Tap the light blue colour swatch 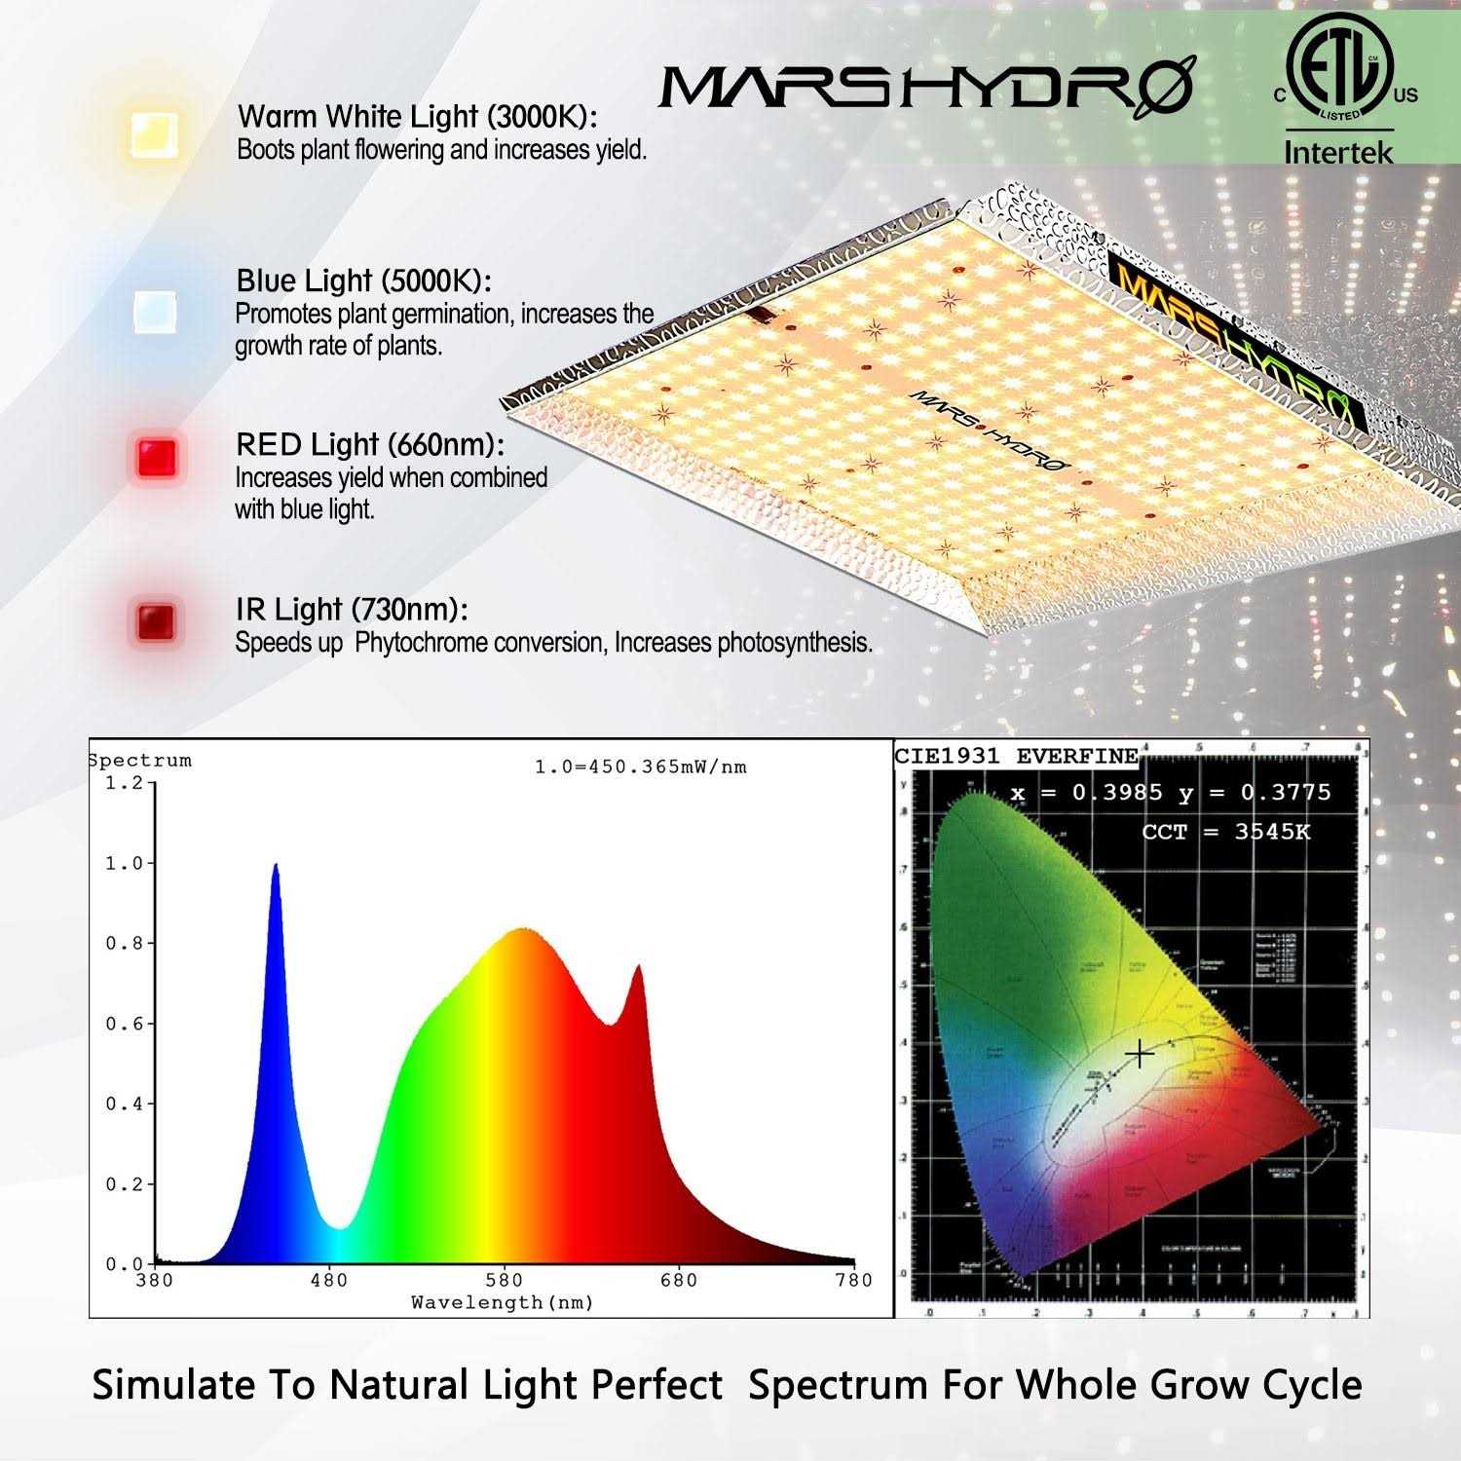156,312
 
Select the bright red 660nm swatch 157,457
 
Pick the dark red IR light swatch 157,620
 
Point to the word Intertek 1338,152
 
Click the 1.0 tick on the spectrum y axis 124,864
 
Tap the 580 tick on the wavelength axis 504,1280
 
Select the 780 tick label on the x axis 853,1280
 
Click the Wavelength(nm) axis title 503,1302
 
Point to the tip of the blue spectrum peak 276,866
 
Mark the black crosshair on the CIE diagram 1139,1054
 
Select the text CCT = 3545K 1225,832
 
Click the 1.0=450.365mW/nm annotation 641,768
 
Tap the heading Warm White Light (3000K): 417,117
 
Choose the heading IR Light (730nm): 352,610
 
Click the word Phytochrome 421,643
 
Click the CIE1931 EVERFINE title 1016,756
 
